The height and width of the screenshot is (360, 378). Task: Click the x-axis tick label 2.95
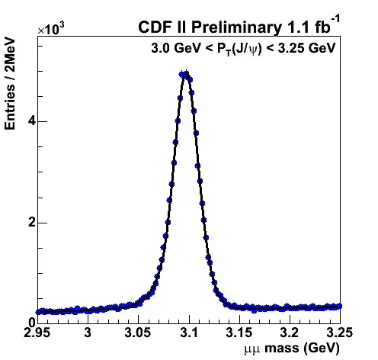click(x=37, y=333)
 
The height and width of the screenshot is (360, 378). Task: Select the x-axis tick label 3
click(x=88, y=333)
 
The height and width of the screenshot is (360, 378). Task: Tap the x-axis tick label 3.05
click(x=138, y=333)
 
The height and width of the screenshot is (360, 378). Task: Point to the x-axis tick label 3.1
click(x=189, y=333)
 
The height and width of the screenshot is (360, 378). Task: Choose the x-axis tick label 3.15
click(x=239, y=333)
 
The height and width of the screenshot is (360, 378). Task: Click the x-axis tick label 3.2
click(x=290, y=333)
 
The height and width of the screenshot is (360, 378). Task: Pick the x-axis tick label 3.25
click(x=340, y=333)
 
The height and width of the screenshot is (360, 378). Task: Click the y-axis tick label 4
click(x=31, y=121)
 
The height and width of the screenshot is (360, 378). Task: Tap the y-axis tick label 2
click(x=31, y=223)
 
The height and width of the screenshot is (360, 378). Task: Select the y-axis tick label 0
click(x=32, y=323)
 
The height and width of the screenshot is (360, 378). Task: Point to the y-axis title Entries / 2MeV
click(x=10, y=84)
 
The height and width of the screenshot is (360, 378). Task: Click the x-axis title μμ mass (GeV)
click(x=292, y=348)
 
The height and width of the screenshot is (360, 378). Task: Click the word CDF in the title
click(x=154, y=27)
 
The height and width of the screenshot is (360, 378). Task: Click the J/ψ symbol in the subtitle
click(x=245, y=48)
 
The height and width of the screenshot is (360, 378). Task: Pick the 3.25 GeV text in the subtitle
click(x=306, y=47)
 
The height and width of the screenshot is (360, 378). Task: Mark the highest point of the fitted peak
click(x=186, y=74)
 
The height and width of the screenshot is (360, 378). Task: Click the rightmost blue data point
click(x=339, y=306)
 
